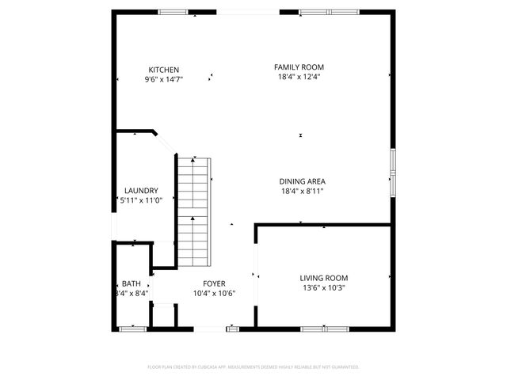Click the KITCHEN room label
(163, 70)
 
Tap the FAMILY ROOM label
(299, 67)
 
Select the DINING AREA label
(302, 181)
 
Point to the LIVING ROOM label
(323, 278)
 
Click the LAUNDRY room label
(141, 191)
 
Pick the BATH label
(131, 283)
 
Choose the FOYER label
(214, 283)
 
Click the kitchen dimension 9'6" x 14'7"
(163, 79)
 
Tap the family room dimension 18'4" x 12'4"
(299, 77)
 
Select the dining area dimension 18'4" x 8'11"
(302, 191)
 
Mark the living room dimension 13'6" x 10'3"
(323, 287)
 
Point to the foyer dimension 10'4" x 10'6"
(214, 293)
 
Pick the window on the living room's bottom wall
(324, 328)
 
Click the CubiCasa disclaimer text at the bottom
(253, 367)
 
